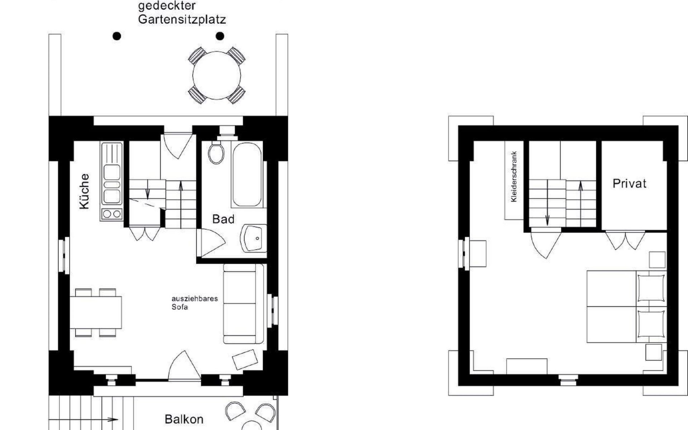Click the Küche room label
click(84, 191)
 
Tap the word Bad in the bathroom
click(223, 219)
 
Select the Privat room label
click(629, 183)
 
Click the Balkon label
click(184, 419)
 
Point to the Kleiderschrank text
click(514, 177)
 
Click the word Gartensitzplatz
click(182, 19)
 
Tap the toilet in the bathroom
click(216, 152)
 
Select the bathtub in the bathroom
click(247, 175)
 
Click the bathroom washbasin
click(254, 238)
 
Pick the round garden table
click(216, 76)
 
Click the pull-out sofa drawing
click(243, 304)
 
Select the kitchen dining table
click(96, 312)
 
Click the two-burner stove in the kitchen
click(112, 214)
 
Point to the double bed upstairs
click(626, 306)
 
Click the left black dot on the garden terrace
click(117, 36)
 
